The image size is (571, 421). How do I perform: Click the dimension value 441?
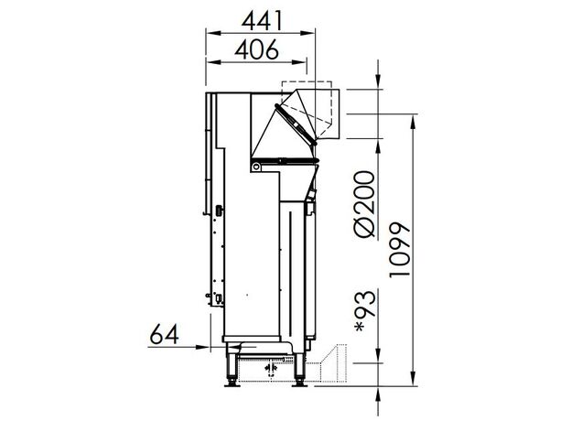point(262,20)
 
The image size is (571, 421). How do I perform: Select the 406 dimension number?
point(257,49)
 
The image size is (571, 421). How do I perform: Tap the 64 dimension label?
point(164,334)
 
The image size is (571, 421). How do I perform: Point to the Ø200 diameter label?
point(364,204)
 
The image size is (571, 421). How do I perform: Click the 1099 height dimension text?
point(399,250)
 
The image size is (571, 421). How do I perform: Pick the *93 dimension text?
point(364,311)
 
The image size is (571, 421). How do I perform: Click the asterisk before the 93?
point(361,327)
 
